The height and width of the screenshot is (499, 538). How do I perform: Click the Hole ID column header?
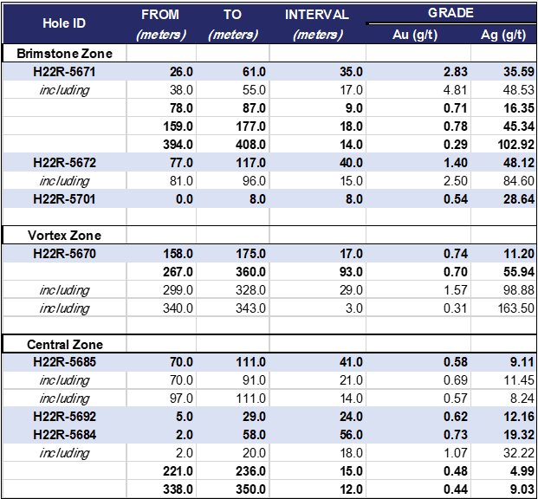(x=64, y=23)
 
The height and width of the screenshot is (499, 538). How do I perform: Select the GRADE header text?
(x=450, y=13)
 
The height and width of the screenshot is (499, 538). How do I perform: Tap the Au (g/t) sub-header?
(x=415, y=35)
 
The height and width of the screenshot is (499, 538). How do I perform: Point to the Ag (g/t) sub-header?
(x=503, y=35)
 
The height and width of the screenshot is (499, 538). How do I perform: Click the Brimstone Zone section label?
(x=64, y=54)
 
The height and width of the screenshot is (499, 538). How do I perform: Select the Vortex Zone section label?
(x=64, y=236)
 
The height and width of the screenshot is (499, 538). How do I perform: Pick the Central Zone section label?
(x=65, y=345)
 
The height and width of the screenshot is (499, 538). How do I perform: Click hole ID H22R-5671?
(x=64, y=72)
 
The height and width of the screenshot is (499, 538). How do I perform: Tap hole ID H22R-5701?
(x=64, y=199)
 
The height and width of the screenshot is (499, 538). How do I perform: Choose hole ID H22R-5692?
(x=64, y=417)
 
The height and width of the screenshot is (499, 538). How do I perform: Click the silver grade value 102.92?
(x=516, y=145)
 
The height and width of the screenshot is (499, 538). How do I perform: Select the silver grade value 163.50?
(x=516, y=308)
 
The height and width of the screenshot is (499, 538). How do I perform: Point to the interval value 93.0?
(x=352, y=272)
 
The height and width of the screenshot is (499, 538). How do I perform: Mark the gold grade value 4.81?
(x=456, y=90)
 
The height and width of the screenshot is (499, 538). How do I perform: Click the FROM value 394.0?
(x=178, y=145)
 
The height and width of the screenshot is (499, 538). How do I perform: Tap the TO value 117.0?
(x=250, y=163)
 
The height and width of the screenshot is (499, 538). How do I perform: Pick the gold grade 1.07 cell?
(x=456, y=453)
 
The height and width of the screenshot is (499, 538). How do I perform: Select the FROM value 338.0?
(x=178, y=489)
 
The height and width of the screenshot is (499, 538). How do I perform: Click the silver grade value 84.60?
(x=519, y=181)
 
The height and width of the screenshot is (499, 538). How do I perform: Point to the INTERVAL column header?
(x=317, y=15)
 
